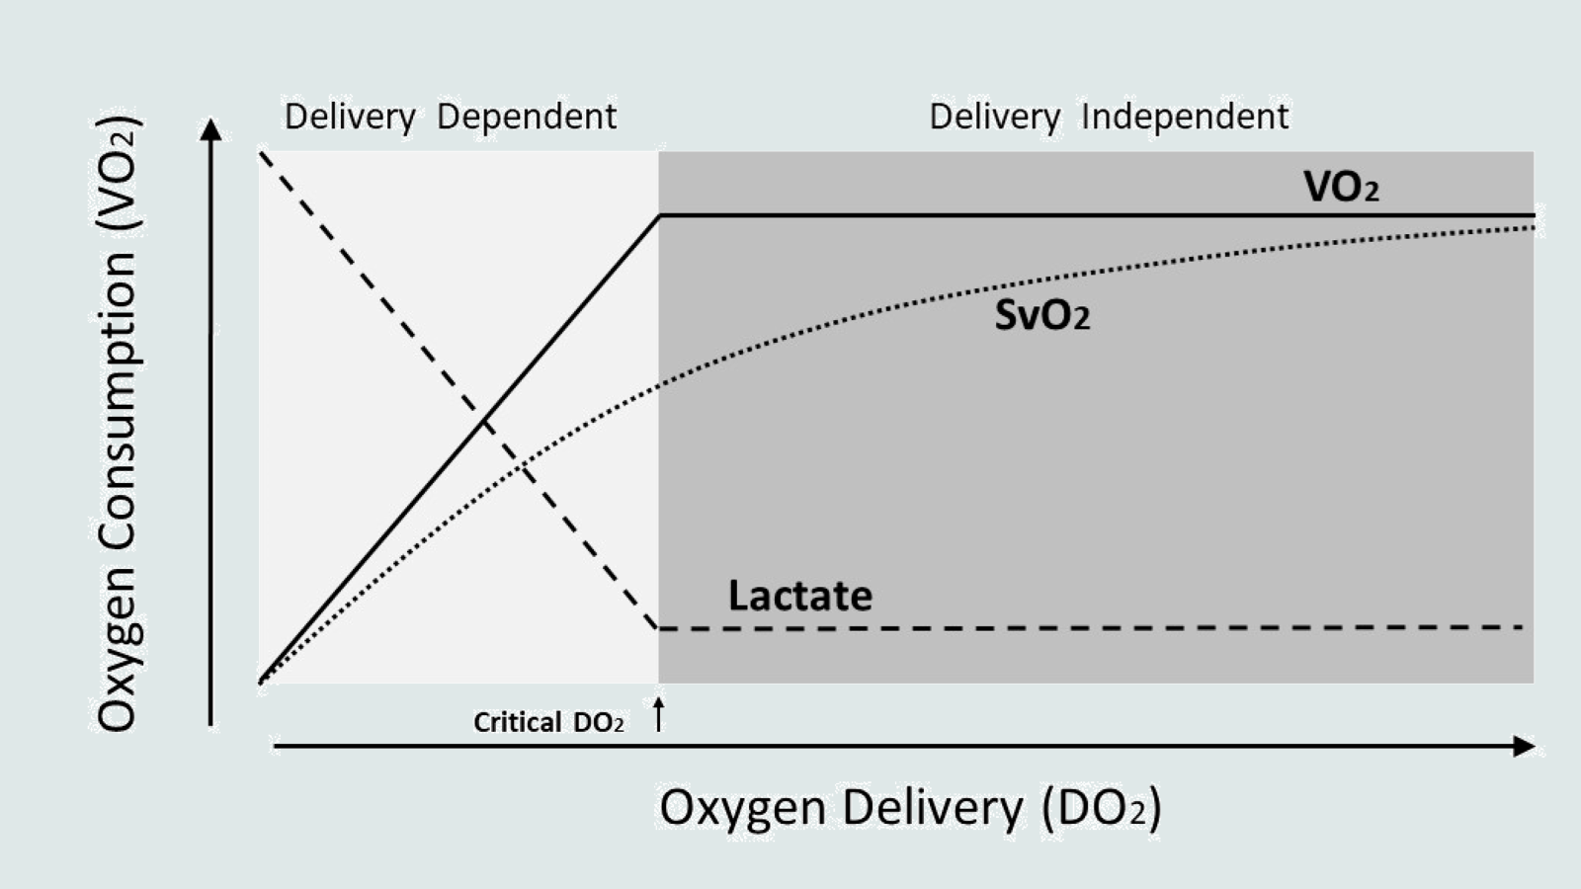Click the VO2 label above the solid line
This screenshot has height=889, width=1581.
pyautogui.click(x=1340, y=187)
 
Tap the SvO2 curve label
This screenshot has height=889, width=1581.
pyautogui.click(x=1041, y=316)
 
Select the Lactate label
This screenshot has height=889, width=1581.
pyautogui.click(x=799, y=596)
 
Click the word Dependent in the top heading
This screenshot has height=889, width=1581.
pyautogui.click(x=527, y=117)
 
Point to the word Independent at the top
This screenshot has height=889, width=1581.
pyautogui.click(x=1185, y=117)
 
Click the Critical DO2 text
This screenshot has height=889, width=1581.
pyautogui.click(x=548, y=722)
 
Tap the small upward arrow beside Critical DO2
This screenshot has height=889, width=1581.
pyautogui.click(x=659, y=714)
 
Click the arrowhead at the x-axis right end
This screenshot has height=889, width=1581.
pyautogui.click(x=1525, y=746)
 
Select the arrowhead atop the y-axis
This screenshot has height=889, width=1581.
pyautogui.click(x=210, y=129)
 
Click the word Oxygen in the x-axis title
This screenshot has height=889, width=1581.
pyautogui.click(x=742, y=807)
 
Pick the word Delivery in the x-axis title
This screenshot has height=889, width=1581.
pyautogui.click(x=933, y=807)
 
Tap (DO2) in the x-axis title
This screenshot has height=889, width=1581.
pyautogui.click(x=1101, y=807)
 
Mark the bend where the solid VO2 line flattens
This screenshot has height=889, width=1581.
pyautogui.click(x=660, y=215)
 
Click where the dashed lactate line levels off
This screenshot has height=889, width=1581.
pyautogui.click(x=658, y=627)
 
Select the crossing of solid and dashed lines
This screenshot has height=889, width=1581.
pyautogui.click(x=484, y=422)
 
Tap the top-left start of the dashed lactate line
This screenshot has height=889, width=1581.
pyautogui.click(x=261, y=152)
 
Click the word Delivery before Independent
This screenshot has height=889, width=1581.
pyautogui.click(x=994, y=117)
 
